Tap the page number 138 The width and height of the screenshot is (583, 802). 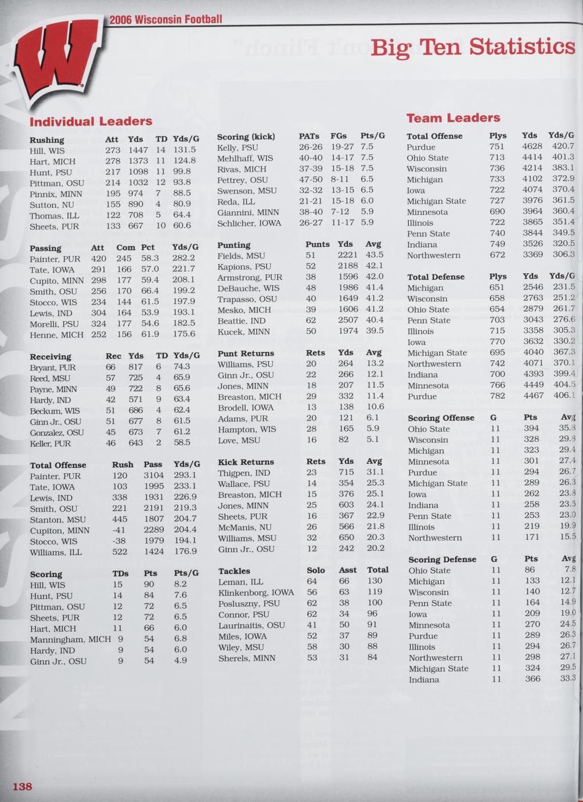(23, 786)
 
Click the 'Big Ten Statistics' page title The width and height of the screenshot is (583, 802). (473, 46)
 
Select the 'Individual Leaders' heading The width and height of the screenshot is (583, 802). (91, 121)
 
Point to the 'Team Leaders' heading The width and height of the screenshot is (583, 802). (453, 118)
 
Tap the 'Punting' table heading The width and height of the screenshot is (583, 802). (234, 245)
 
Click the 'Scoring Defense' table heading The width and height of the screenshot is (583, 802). (442, 559)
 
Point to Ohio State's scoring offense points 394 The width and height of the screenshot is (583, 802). (531, 429)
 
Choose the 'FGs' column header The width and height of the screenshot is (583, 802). (339, 136)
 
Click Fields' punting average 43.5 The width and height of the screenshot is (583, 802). (374, 255)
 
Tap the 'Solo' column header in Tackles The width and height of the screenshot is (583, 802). (316, 570)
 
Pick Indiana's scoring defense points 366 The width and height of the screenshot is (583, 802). (532, 679)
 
